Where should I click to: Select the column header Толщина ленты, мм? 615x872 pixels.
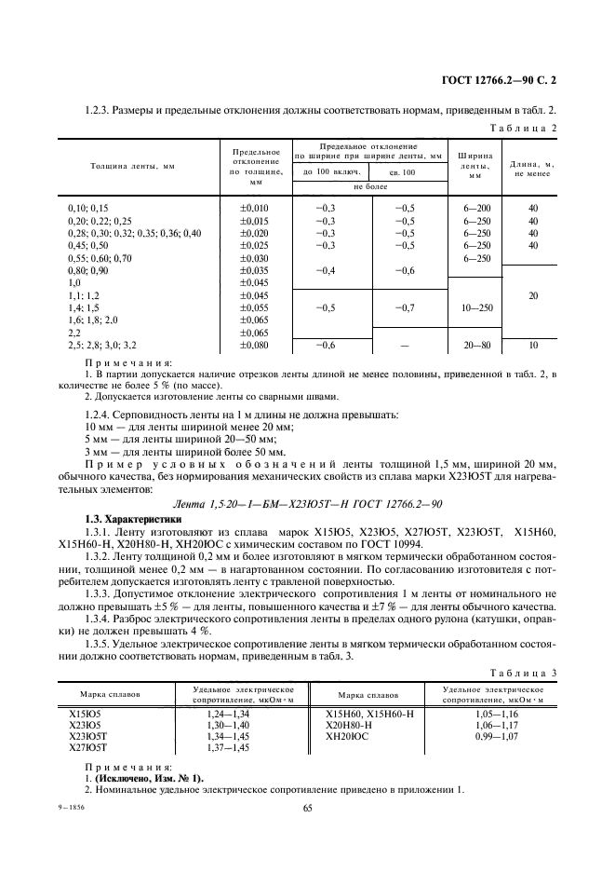[x=132, y=166]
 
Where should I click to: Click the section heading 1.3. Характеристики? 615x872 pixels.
[x=127, y=518]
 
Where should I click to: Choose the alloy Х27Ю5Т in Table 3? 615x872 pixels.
[x=89, y=746]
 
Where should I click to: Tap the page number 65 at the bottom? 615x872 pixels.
[x=307, y=808]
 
